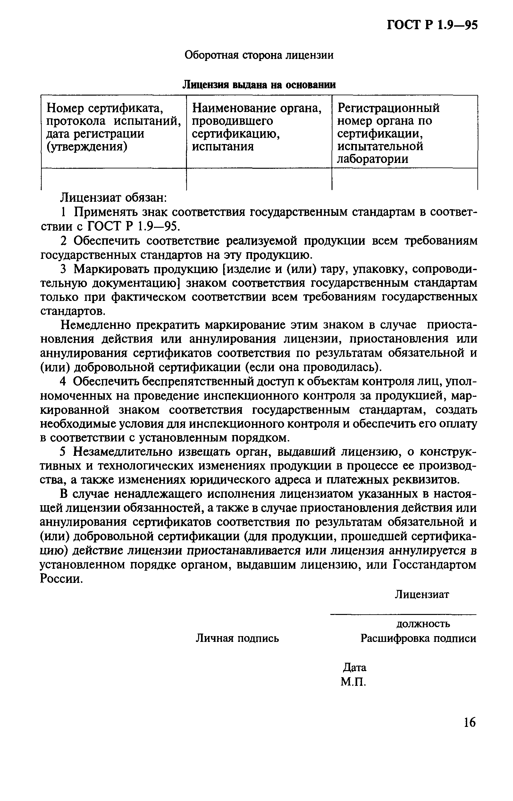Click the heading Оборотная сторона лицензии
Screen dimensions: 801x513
(x=259, y=55)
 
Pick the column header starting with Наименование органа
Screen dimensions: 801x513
(x=257, y=127)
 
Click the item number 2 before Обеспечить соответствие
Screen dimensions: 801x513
(x=63, y=241)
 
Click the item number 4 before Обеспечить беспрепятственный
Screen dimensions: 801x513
(x=63, y=381)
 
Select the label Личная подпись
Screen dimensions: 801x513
(x=237, y=638)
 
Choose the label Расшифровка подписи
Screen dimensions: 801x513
(x=418, y=638)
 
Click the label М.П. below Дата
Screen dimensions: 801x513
(x=353, y=682)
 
